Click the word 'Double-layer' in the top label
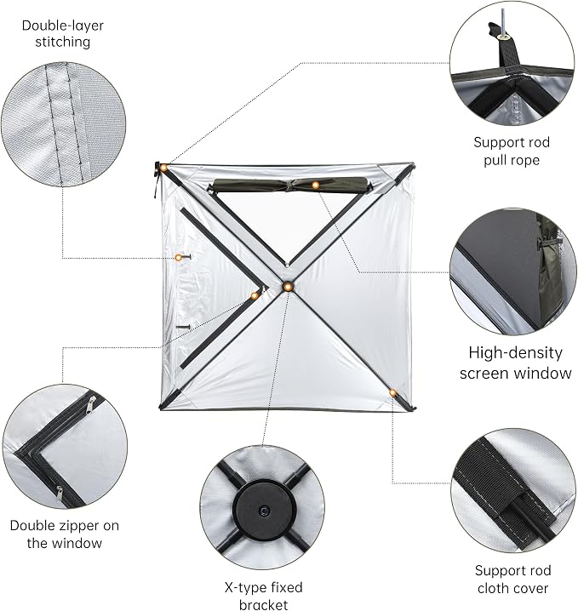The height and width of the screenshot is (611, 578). tap(63, 26)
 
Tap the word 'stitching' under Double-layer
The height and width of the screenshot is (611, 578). tap(63, 42)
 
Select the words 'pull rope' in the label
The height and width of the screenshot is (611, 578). tap(512, 160)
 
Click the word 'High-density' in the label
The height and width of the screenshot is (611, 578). tap(515, 353)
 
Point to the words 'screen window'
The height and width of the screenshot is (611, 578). tap(515, 374)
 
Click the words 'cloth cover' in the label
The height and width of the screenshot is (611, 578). tap(513, 588)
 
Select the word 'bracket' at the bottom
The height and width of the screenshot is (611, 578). tap(264, 604)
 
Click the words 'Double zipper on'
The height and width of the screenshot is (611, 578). tap(65, 525)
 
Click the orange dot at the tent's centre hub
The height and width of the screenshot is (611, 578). tap(288, 287)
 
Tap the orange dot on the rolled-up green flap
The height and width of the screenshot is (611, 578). tap(315, 185)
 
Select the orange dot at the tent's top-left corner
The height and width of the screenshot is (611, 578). tap(164, 168)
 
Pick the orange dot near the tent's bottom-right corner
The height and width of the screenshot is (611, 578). tap(393, 393)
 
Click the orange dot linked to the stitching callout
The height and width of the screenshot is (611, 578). tap(178, 258)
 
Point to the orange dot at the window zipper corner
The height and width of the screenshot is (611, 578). tap(255, 296)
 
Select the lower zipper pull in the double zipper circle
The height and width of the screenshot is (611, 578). tap(59, 493)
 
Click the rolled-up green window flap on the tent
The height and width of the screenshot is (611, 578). tap(290, 185)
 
